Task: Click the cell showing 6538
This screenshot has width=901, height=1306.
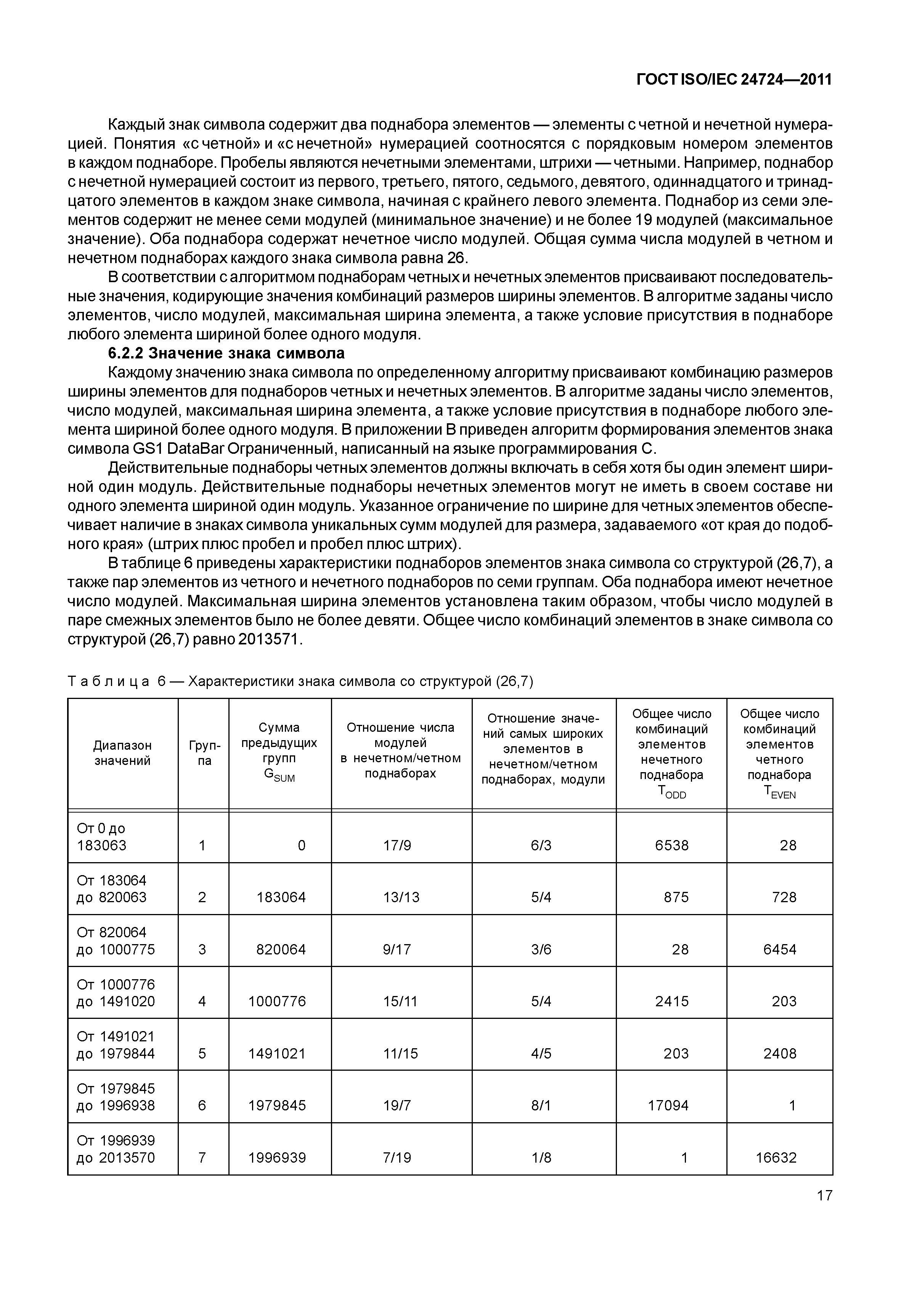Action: tap(672, 845)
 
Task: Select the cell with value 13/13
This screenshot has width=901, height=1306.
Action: tap(402, 897)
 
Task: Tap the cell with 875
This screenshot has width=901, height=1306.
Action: tap(676, 897)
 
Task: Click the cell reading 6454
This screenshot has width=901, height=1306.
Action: tap(780, 949)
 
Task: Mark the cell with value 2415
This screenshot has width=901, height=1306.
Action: tap(672, 1001)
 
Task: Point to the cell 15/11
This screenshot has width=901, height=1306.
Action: tap(400, 1001)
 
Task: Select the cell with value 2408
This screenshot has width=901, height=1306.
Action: tap(780, 1054)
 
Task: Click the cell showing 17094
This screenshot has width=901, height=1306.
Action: tap(668, 1105)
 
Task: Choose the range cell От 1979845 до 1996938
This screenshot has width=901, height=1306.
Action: tap(116, 1097)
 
